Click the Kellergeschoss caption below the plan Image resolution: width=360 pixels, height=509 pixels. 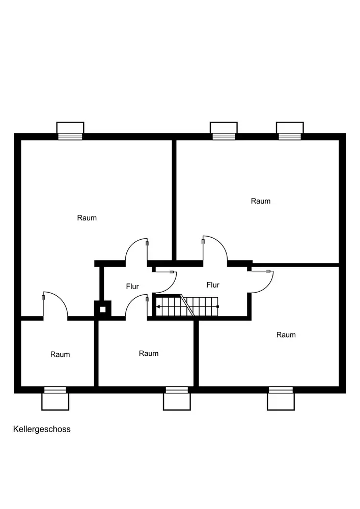(x=42, y=429)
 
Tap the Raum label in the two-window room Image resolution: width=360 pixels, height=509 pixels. (x=261, y=201)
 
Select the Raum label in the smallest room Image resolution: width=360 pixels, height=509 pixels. (x=60, y=354)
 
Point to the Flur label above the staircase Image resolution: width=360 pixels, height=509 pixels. (x=213, y=285)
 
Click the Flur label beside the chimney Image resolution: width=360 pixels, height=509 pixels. (x=132, y=287)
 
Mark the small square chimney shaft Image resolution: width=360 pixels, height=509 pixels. (x=103, y=308)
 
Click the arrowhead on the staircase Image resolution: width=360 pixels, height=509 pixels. (x=158, y=306)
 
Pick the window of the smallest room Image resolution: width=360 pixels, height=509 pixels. (x=55, y=390)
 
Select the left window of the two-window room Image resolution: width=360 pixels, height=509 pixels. (x=224, y=136)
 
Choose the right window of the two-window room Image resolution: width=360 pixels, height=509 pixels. (x=290, y=136)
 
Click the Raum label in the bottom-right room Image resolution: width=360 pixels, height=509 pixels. (x=286, y=335)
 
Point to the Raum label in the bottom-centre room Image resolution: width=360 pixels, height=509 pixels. (x=149, y=353)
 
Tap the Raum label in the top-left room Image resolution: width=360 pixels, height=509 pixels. (x=87, y=218)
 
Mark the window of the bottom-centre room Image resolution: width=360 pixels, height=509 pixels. (x=177, y=390)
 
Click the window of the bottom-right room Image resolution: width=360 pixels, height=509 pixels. (x=281, y=390)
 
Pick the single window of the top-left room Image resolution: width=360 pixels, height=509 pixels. (x=70, y=136)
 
